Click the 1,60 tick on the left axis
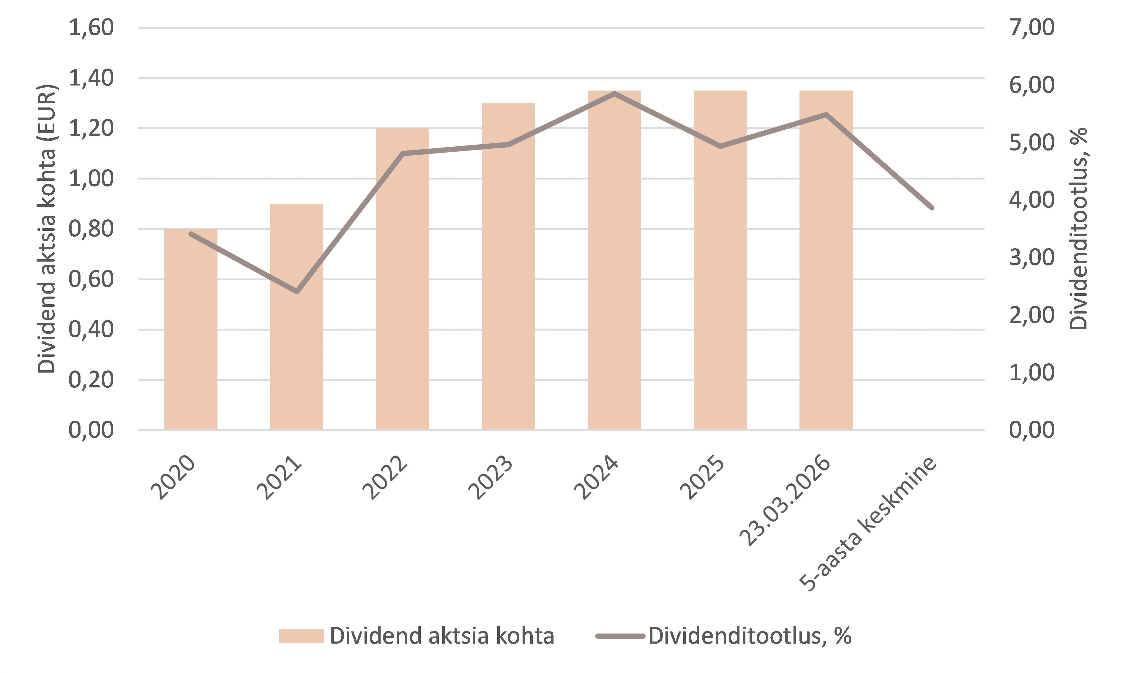pos(91,28)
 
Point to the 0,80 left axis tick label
pos(91,229)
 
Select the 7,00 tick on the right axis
pos(1031,28)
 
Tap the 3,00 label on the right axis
pos(1031,258)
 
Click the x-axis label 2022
pos(386,479)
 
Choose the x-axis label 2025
pos(702,479)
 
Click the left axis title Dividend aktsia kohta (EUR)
pos(46,229)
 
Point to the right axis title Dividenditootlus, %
pos(1078,229)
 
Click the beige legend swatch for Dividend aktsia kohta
pos(301,636)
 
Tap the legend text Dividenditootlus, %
pos(750,636)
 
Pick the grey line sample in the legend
pos(620,636)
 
